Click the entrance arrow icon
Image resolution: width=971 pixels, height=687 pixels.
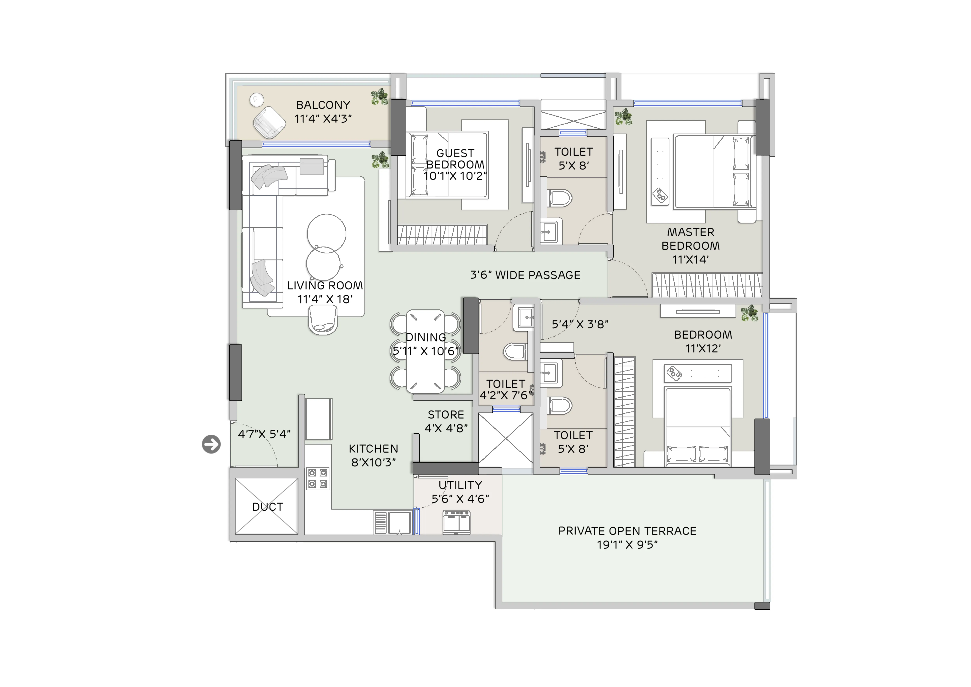pos(211,444)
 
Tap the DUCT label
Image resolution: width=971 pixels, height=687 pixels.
pos(268,507)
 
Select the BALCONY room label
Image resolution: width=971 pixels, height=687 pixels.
pos(323,105)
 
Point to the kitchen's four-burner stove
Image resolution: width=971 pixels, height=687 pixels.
pos(318,478)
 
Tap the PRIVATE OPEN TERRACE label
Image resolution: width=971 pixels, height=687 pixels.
pos(627,531)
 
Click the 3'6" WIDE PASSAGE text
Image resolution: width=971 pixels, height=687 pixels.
pos(525,275)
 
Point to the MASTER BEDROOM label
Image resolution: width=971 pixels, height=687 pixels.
pos(691,239)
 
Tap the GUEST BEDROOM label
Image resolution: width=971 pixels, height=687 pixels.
pos(455,159)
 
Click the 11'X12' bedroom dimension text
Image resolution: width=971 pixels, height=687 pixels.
pos(703,349)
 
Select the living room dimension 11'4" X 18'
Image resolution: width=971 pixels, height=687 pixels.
pos(325,299)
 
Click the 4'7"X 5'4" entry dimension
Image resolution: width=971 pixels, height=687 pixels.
pos(264,434)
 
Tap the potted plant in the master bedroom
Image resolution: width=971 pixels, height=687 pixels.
pos(623,117)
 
